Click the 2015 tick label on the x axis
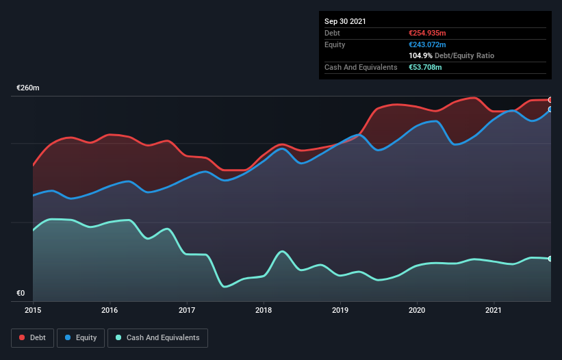pyautogui.click(x=33, y=310)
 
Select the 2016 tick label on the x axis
pyautogui.click(x=110, y=310)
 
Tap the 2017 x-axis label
pyautogui.click(x=187, y=310)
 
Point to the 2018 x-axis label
pyautogui.click(x=264, y=310)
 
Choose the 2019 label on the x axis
pyautogui.click(x=340, y=310)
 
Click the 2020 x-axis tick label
pyautogui.click(x=417, y=310)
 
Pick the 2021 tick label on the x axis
pyautogui.click(x=494, y=310)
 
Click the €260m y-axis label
pyautogui.click(x=28, y=88)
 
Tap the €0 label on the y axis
pyautogui.click(x=21, y=294)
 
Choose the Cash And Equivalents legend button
pyautogui.click(x=157, y=337)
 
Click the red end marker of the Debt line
pyautogui.click(x=550, y=100)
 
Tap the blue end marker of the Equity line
pyautogui.click(x=550, y=110)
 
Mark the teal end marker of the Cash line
pyautogui.click(x=550, y=259)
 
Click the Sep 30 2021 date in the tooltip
pyautogui.click(x=345, y=21)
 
